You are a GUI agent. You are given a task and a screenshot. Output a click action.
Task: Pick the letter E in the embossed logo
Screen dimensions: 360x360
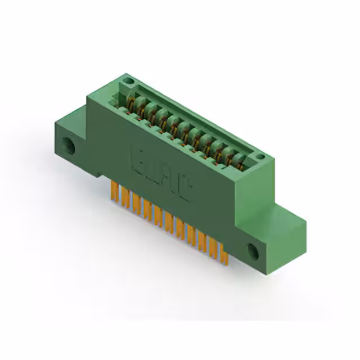(138, 159)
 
